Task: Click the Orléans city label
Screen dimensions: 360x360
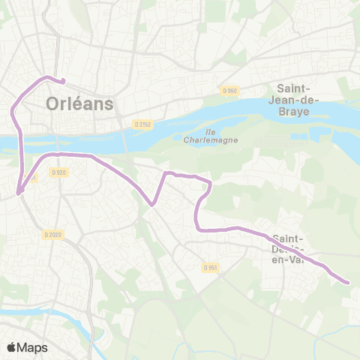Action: tap(79, 103)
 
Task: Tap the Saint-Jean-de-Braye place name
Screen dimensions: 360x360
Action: tap(298, 98)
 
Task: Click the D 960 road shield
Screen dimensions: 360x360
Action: tap(229, 91)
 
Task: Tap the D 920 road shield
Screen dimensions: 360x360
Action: tap(59, 172)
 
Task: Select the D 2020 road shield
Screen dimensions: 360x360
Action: tap(52, 235)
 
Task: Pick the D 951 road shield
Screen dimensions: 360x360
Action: tap(211, 266)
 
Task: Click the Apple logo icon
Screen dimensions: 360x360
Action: tap(12, 346)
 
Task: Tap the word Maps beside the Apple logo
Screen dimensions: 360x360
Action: tap(32, 347)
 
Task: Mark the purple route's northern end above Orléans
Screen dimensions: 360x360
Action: tap(62, 82)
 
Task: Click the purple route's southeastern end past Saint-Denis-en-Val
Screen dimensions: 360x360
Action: tap(347, 282)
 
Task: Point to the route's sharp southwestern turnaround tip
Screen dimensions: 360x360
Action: tap(19, 193)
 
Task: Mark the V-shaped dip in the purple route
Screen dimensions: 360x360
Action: tap(152, 203)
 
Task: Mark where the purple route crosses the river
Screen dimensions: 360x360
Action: tap(20, 140)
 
